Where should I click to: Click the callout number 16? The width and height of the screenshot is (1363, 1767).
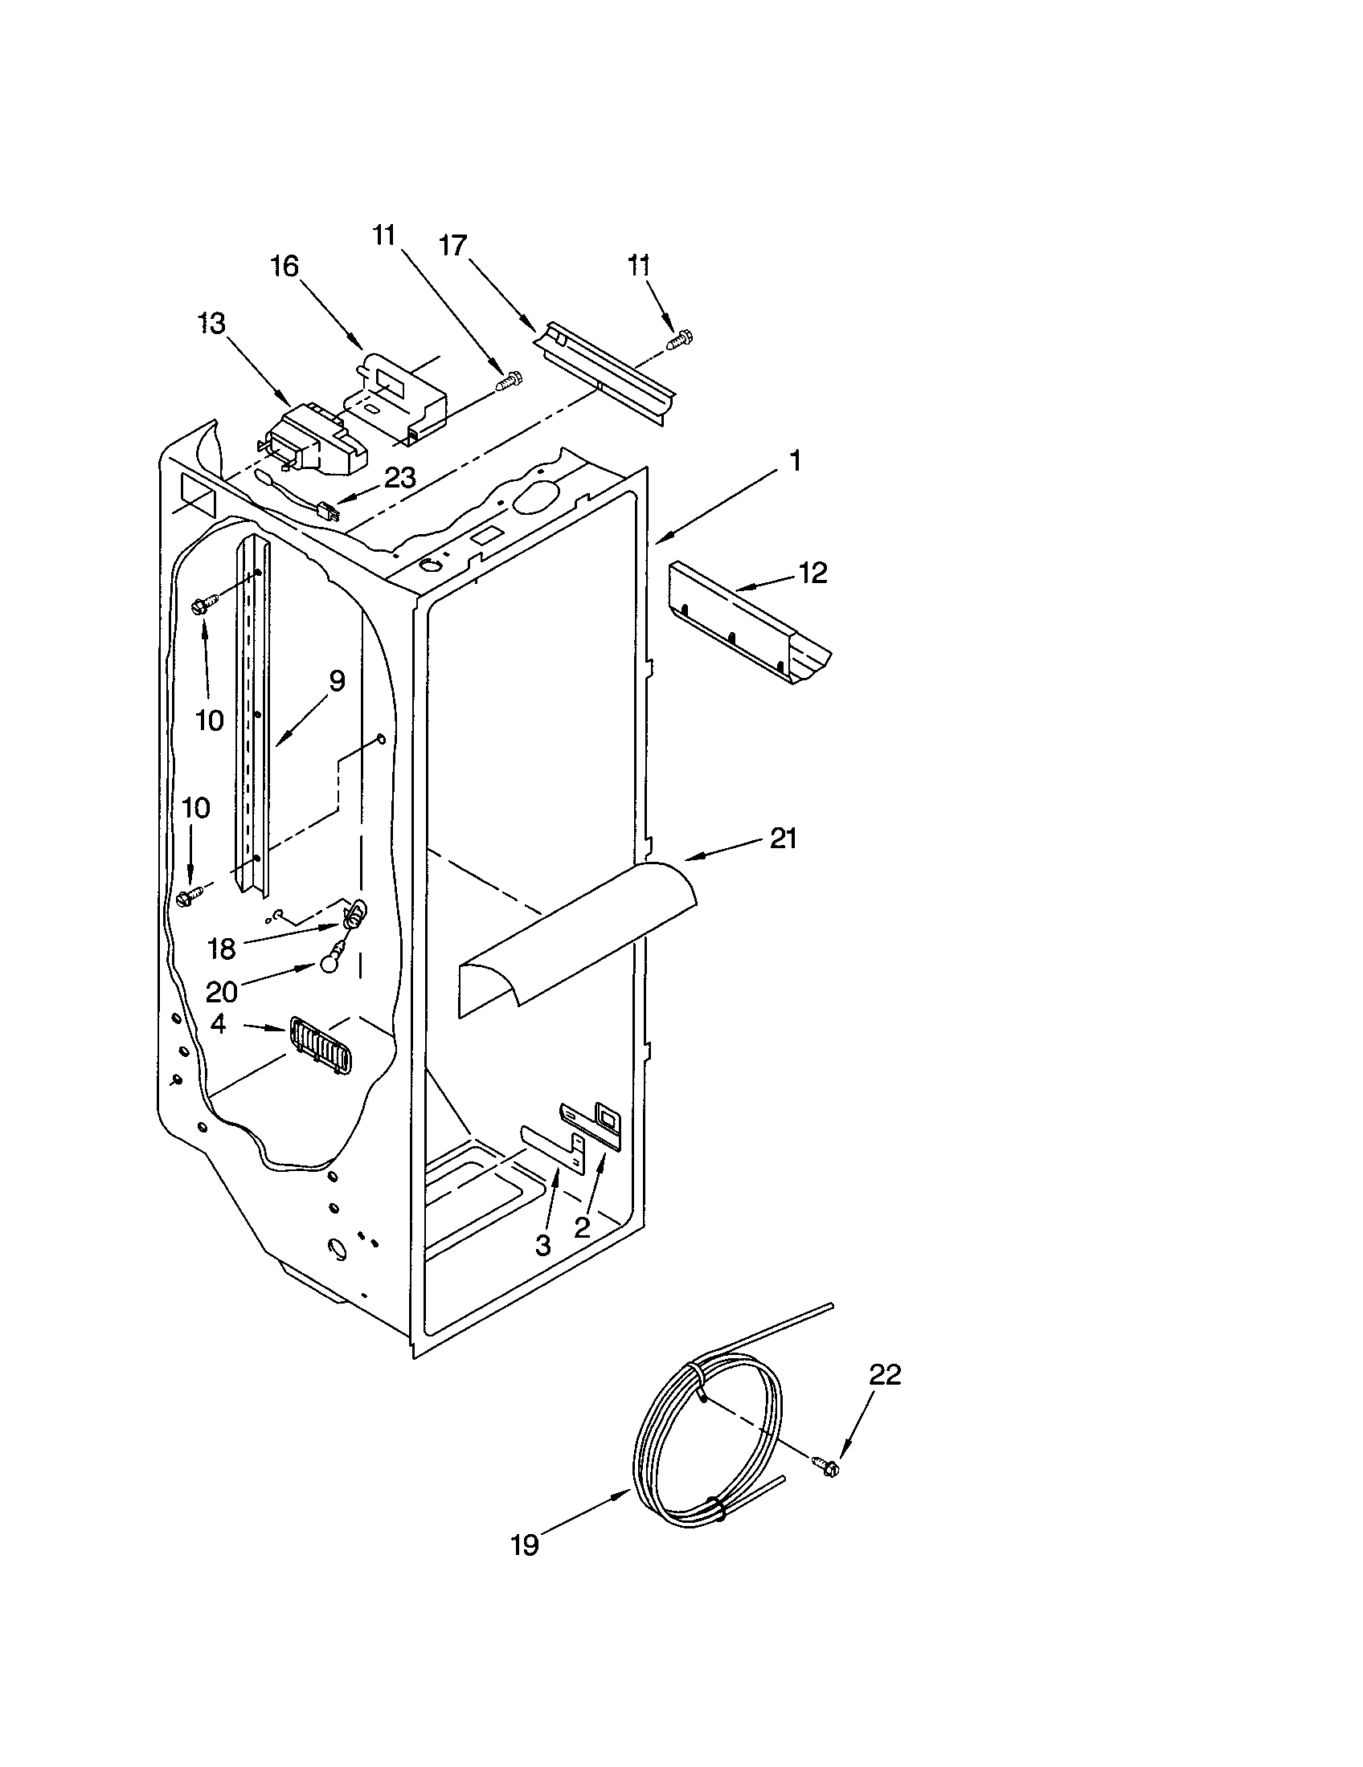[284, 266]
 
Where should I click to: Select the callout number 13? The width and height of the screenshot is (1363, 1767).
[212, 324]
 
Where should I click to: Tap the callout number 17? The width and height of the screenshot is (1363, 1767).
[453, 245]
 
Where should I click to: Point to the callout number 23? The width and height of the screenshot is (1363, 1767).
[399, 478]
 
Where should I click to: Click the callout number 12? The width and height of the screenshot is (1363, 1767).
[812, 573]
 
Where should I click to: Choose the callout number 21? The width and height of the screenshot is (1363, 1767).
[783, 839]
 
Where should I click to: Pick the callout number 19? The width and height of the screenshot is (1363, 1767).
[525, 1545]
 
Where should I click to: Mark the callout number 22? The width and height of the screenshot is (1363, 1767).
[885, 1374]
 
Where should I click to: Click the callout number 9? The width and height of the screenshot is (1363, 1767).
[337, 681]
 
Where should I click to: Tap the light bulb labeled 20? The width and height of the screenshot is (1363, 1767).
[329, 965]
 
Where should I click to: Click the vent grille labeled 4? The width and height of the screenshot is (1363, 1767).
[320, 1045]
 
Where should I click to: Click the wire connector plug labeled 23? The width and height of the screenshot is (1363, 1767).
[327, 512]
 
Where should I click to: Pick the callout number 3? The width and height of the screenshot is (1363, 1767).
[542, 1244]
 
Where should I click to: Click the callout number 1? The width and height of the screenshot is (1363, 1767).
[796, 462]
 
